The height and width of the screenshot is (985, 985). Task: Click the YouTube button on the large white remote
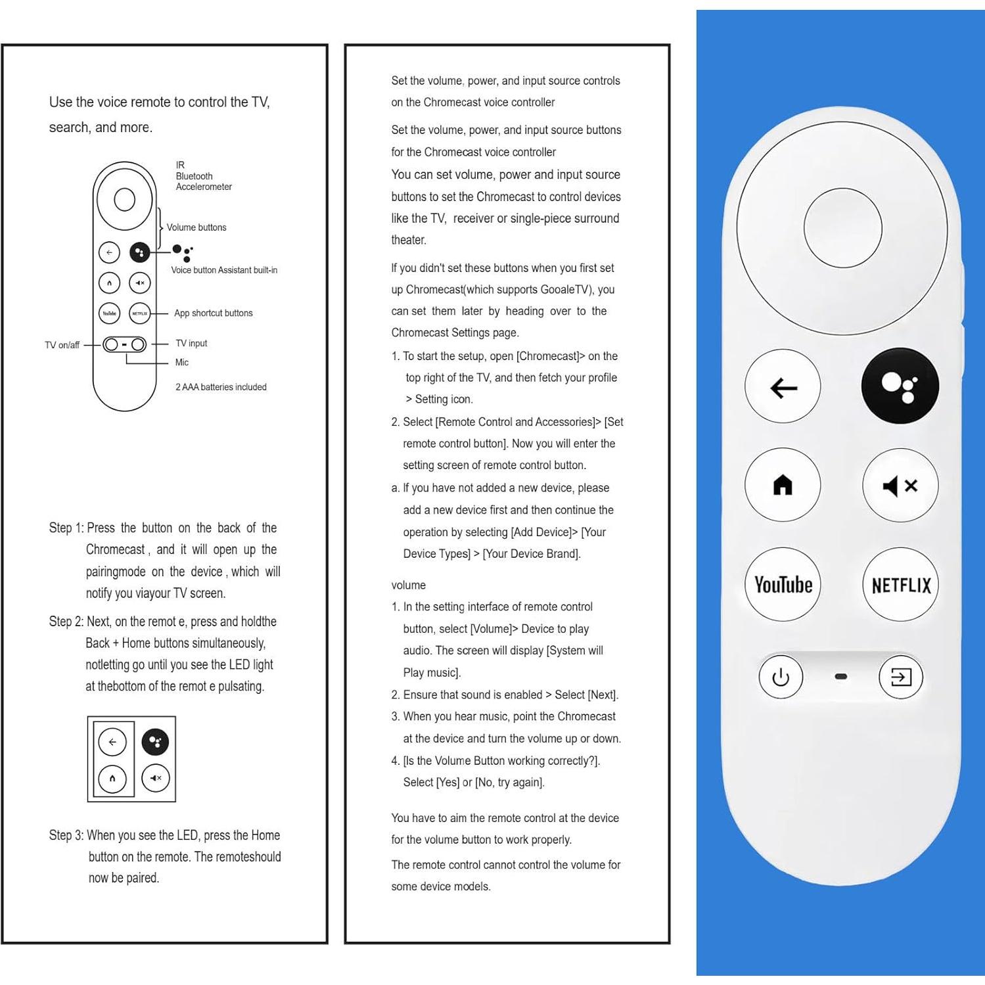(x=783, y=584)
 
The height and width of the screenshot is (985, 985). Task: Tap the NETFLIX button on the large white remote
(x=900, y=585)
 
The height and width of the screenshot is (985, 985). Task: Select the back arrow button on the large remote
(x=783, y=387)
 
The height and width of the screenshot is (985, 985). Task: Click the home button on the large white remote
(x=783, y=486)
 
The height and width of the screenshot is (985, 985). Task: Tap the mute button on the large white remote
(x=900, y=486)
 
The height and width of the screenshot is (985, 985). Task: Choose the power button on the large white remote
(x=781, y=677)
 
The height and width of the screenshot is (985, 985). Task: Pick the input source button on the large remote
(x=901, y=677)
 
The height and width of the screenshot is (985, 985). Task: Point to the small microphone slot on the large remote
(x=841, y=676)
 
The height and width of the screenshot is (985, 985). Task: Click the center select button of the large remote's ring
(x=842, y=227)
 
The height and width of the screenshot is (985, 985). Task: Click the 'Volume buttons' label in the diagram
(x=196, y=227)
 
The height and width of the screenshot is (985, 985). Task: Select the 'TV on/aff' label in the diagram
(x=62, y=345)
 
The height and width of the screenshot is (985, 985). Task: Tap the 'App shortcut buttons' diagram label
(x=214, y=313)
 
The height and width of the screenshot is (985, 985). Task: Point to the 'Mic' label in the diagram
(x=182, y=363)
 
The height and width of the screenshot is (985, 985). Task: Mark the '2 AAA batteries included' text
(x=221, y=387)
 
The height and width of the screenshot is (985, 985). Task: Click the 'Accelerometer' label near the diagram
(x=204, y=187)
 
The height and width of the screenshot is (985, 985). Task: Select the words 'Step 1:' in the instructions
(x=66, y=528)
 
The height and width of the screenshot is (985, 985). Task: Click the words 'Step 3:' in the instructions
(x=66, y=835)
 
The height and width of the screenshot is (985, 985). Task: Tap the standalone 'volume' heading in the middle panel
(x=409, y=585)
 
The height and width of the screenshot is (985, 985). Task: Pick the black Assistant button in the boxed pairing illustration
(x=156, y=742)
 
